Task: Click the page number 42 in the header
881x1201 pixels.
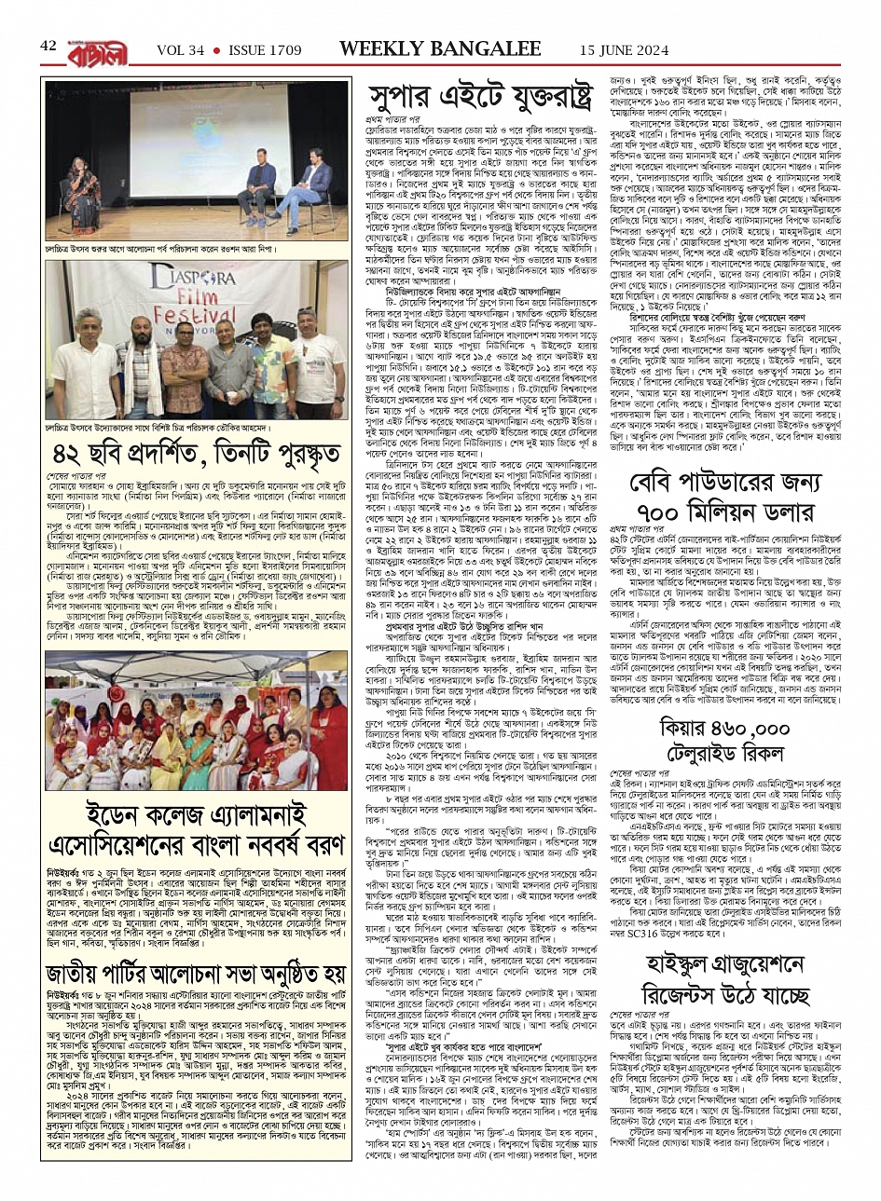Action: pyautogui.click(x=48, y=46)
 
